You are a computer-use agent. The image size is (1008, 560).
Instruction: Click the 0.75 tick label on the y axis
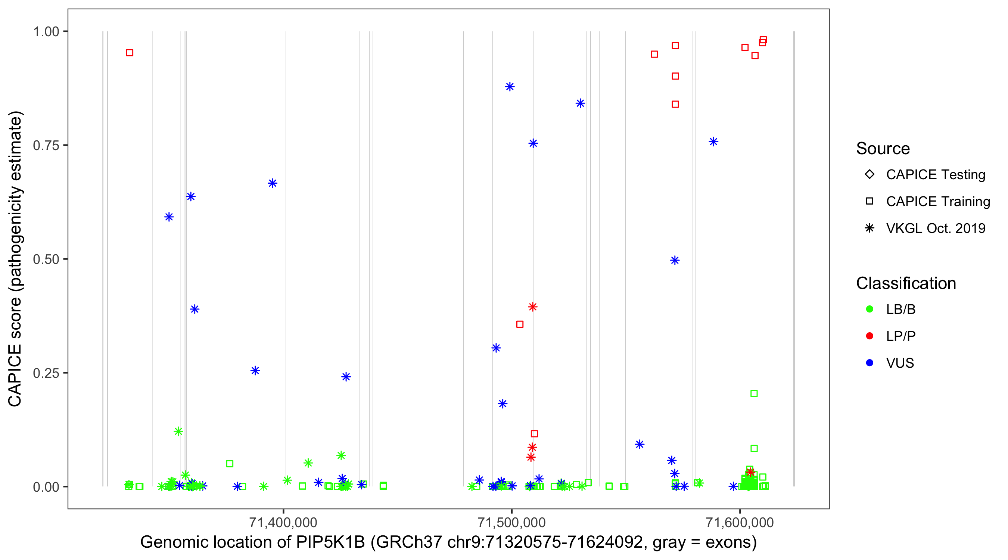pos(46,146)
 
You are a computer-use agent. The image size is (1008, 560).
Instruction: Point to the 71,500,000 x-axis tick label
pos(511,522)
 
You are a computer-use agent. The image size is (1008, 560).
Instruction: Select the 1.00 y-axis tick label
pos(46,32)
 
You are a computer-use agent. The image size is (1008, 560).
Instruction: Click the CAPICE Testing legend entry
pos(935,175)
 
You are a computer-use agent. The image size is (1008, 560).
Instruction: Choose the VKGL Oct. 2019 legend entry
pos(935,228)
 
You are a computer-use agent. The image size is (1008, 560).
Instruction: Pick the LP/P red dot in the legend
pos(870,336)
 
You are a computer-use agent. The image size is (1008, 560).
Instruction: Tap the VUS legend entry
pos(900,363)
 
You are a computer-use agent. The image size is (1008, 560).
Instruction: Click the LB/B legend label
pos(900,309)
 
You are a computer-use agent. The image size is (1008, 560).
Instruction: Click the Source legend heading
pos(883,149)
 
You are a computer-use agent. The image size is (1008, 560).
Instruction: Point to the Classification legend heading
pos(906,283)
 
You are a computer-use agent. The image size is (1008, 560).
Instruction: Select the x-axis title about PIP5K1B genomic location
pos(448,542)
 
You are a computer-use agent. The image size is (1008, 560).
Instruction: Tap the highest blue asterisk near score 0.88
pos(510,87)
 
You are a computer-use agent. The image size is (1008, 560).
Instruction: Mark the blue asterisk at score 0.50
pos(675,261)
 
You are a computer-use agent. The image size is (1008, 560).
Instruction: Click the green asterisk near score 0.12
pos(178,432)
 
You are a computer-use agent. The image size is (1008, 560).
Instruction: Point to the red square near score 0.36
pos(520,324)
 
